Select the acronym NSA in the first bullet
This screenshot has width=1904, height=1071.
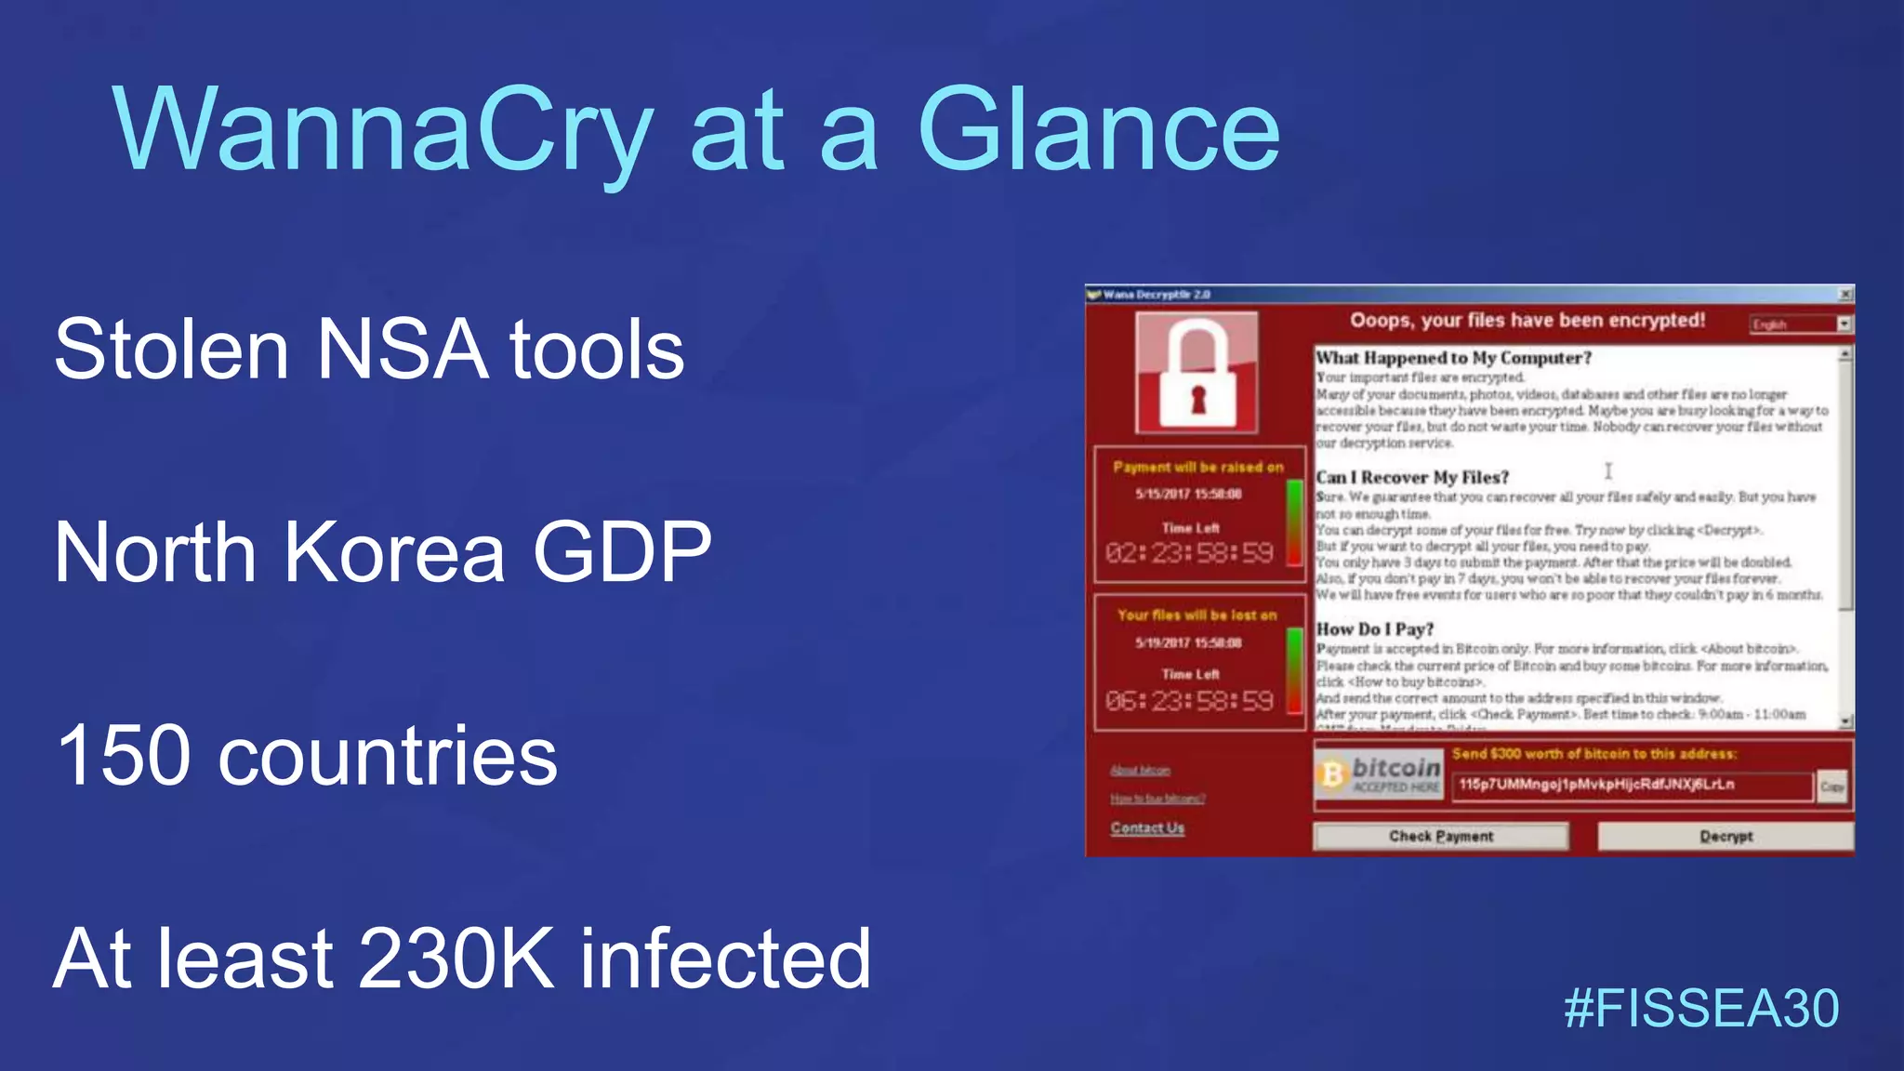pyautogui.click(x=402, y=350)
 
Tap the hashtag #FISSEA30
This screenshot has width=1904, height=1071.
pyautogui.click(x=1701, y=1009)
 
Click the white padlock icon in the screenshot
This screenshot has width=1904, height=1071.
pyautogui.click(x=1197, y=374)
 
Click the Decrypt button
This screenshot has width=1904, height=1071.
pyautogui.click(x=1725, y=836)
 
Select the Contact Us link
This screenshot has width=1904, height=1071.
pyautogui.click(x=1147, y=827)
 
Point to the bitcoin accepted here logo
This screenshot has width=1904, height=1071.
pyautogui.click(x=1379, y=774)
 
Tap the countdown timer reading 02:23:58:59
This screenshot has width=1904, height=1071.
pyautogui.click(x=1189, y=554)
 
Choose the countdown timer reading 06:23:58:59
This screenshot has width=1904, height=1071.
pyautogui.click(x=1189, y=701)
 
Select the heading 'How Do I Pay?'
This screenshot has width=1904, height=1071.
pyautogui.click(x=1375, y=629)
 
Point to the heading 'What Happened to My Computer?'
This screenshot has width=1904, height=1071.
pyautogui.click(x=1453, y=358)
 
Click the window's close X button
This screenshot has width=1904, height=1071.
pyautogui.click(x=1845, y=295)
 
